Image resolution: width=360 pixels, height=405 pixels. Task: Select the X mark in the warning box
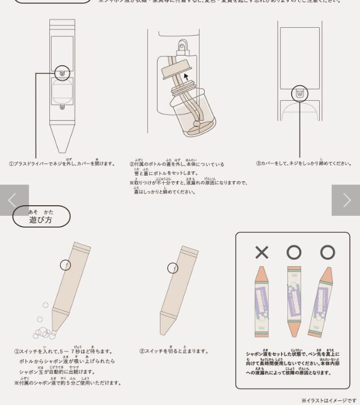tap(261, 252)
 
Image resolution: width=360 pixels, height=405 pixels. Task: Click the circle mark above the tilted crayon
tap(327, 252)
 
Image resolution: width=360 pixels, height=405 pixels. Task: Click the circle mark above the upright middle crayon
tap(294, 252)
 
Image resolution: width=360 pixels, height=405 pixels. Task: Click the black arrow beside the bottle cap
tap(186, 77)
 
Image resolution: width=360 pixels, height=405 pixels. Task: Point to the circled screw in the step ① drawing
tap(62, 73)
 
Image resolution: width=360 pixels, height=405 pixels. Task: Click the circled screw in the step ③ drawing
tap(299, 93)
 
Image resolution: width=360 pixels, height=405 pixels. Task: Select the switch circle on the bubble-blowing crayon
tap(66, 265)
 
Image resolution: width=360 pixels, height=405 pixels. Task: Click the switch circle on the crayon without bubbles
tap(173, 268)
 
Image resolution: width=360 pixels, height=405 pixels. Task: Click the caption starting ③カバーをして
tap(303, 164)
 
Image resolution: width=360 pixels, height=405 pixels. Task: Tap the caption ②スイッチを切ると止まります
tap(174, 351)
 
